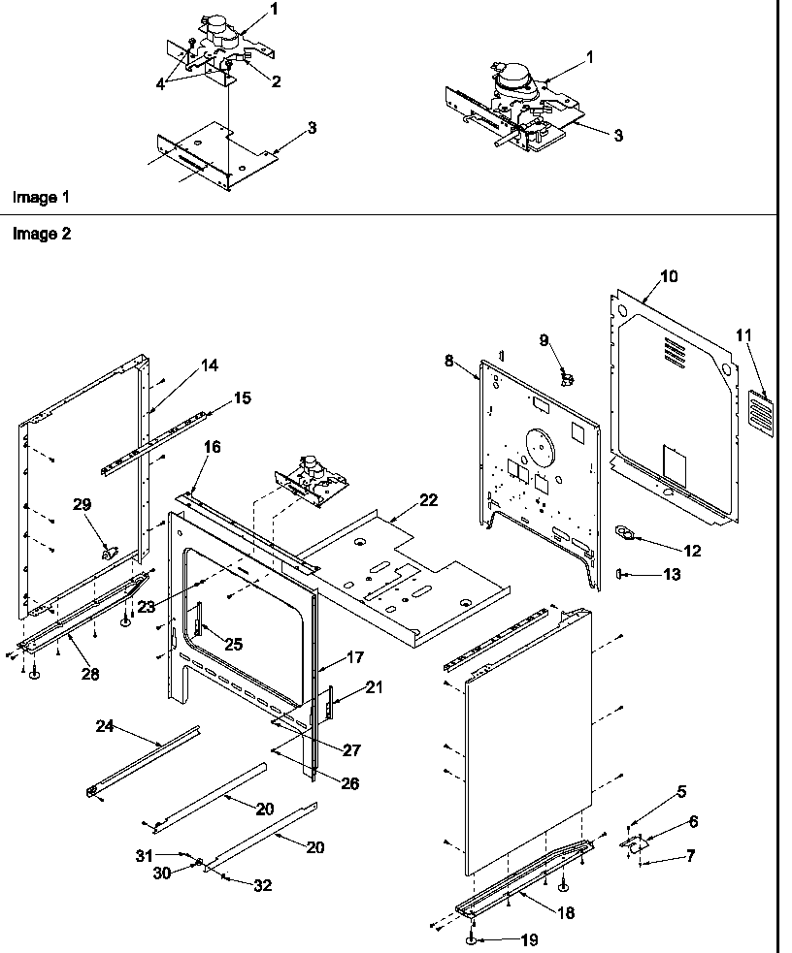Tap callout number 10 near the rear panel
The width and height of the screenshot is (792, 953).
point(669,276)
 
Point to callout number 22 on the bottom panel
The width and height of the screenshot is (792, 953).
point(428,500)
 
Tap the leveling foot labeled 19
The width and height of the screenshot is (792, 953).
point(471,939)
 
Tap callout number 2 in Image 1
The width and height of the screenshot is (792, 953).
point(277,82)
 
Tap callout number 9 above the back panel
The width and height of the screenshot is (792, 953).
point(544,339)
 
